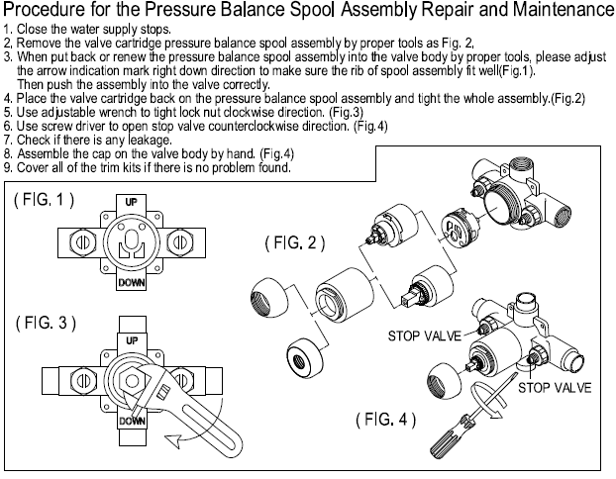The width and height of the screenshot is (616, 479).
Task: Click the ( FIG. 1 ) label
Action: tap(44, 200)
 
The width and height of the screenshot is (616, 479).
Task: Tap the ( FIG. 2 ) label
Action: tap(295, 242)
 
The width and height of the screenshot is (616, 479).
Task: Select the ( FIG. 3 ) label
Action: tap(46, 323)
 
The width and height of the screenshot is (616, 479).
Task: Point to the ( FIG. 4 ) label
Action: tap(386, 420)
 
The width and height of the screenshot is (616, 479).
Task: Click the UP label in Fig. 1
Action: tap(131, 202)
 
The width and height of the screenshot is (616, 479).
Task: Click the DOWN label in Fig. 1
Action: tap(132, 282)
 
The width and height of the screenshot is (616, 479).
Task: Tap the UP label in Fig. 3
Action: tap(132, 340)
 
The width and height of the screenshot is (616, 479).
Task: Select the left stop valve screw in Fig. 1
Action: tap(83, 241)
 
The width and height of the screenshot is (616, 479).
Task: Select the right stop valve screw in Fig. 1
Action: tap(179, 241)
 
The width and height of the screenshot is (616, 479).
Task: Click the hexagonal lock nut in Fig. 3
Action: tap(131, 380)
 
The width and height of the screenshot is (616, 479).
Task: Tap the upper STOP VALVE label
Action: tap(425, 336)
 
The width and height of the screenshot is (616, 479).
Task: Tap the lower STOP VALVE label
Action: tap(555, 388)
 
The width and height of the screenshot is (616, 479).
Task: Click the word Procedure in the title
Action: tap(38, 10)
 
